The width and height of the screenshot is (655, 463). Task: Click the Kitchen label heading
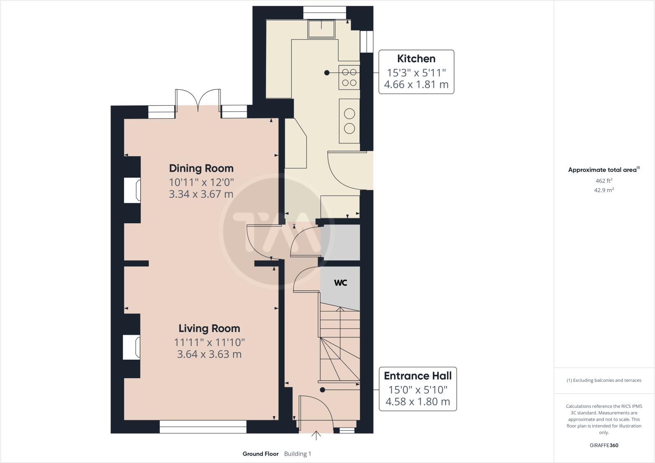point(416,58)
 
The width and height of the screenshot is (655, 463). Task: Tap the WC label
point(340,283)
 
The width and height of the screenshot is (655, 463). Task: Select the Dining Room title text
point(201,168)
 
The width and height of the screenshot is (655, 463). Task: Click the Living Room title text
point(209,328)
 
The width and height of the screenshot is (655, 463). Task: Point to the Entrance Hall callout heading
point(417,376)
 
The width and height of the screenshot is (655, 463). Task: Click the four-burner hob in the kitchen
point(349,77)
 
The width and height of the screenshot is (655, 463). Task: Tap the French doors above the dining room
point(198,101)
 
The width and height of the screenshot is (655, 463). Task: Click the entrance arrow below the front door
point(316,435)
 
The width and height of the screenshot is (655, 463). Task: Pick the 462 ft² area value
point(604,180)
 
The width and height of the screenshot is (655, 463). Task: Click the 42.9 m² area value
point(604,190)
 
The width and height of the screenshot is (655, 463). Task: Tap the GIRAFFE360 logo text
point(604,445)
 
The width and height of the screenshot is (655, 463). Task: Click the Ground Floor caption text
point(260,454)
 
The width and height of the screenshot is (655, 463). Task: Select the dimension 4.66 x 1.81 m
point(416,85)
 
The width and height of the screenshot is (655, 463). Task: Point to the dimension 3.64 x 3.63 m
point(209,354)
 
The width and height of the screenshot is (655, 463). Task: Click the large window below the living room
point(203,427)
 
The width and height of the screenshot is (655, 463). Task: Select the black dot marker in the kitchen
point(327,72)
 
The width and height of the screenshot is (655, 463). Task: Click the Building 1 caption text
point(297,454)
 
